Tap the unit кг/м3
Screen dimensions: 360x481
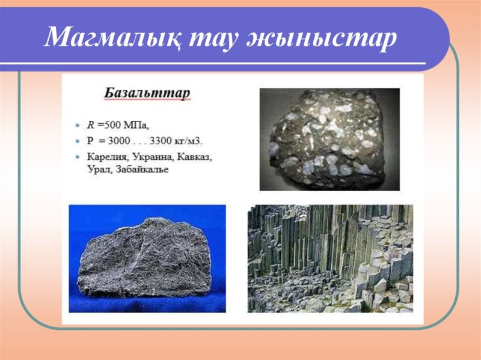[190, 141]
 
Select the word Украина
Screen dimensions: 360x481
[146, 157]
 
